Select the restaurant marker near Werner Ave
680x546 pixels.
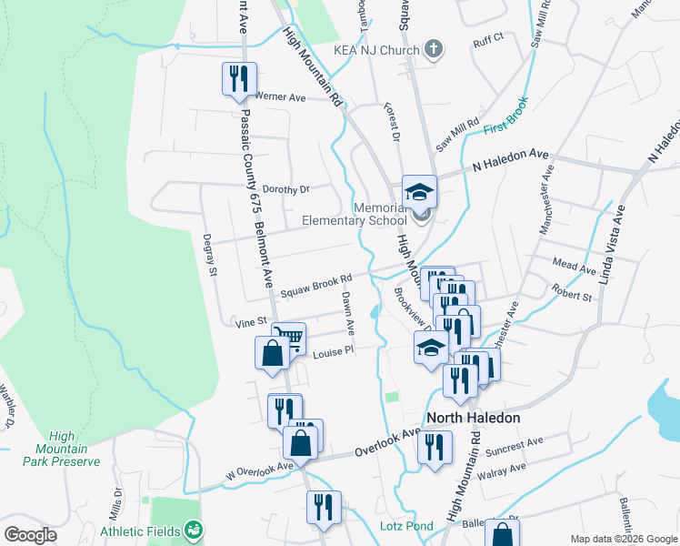(x=239, y=78)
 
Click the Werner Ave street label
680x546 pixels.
(x=280, y=96)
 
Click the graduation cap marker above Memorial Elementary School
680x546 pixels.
(x=420, y=191)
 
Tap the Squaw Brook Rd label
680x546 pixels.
(x=315, y=286)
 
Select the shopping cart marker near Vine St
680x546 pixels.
(x=289, y=339)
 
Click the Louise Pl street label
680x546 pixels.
(x=332, y=351)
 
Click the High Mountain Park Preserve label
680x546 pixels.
(x=62, y=449)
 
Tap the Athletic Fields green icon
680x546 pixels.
(x=193, y=529)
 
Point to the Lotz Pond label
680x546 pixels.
(x=406, y=526)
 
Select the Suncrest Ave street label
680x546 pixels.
(x=513, y=445)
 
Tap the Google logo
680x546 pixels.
(x=30, y=535)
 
